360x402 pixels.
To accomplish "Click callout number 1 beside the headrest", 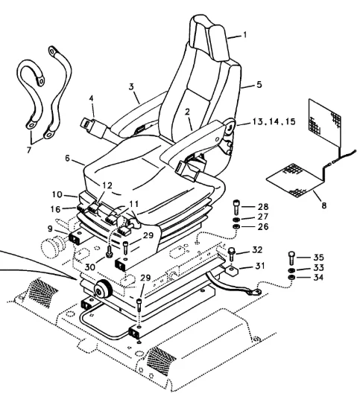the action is click(x=245, y=34).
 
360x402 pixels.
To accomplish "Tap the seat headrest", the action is click(x=209, y=38).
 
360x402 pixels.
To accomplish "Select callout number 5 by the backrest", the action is click(x=259, y=85).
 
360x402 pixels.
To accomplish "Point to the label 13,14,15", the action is click(x=274, y=121).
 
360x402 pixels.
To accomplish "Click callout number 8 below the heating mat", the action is click(x=324, y=205).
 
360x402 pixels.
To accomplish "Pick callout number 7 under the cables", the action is click(x=29, y=149).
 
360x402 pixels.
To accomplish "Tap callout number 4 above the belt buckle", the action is click(x=92, y=98).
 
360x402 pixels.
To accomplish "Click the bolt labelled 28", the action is click(x=236, y=207).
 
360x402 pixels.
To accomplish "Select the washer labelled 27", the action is click(x=236, y=220).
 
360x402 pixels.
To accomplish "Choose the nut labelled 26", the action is click(x=236, y=226).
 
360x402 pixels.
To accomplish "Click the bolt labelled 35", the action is click(x=291, y=258).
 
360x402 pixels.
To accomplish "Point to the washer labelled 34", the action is click(x=291, y=277).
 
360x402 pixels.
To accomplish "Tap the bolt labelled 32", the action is click(x=232, y=253).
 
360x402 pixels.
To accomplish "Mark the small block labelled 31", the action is click(x=232, y=271).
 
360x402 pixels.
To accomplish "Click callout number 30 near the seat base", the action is click(x=90, y=267).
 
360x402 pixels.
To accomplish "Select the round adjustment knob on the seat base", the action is click(x=103, y=289).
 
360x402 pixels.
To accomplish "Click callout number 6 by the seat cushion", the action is click(x=67, y=158).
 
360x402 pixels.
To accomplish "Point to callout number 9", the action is click(x=50, y=229).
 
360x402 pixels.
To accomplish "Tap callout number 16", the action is click(x=55, y=209).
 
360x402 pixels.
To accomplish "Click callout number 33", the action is click(x=318, y=267).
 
